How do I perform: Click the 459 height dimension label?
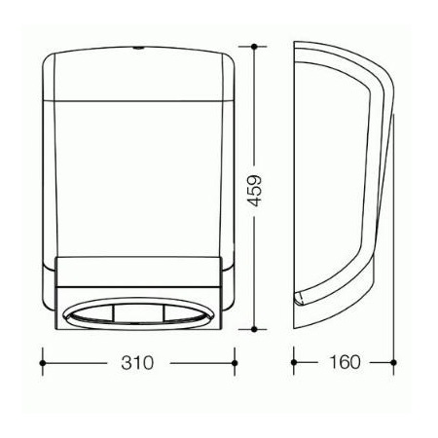click(254, 191)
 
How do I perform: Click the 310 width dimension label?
click(137, 363)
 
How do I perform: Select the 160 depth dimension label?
click(345, 362)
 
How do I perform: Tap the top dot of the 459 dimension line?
click(254, 47)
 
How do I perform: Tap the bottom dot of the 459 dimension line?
click(254, 329)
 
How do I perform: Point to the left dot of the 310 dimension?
click(43, 363)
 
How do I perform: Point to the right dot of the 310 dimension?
click(235, 363)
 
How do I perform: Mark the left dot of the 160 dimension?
click(294, 362)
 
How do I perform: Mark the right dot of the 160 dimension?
click(393, 362)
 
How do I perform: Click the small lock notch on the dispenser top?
click(137, 49)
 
